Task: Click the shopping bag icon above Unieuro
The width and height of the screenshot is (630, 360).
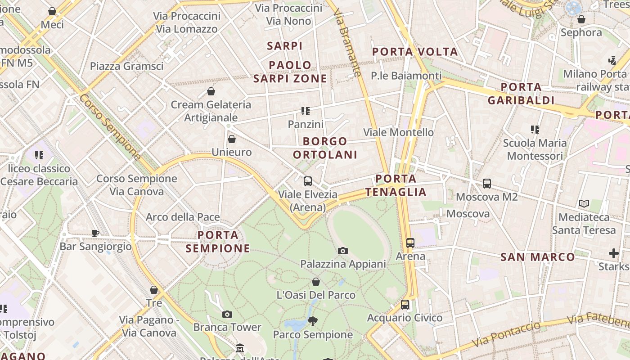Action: click(x=232, y=139)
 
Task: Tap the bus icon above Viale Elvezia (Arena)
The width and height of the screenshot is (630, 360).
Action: click(x=308, y=181)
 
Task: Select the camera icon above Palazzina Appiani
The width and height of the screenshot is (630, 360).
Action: click(x=343, y=251)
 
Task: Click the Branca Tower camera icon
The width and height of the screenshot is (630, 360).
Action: click(x=227, y=314)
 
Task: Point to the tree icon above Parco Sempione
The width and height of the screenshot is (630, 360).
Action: click(x=313, y=321)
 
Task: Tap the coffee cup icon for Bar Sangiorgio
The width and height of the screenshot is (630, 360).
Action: click(x=95, y=233)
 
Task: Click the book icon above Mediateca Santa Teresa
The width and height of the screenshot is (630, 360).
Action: click(x=584, y=204)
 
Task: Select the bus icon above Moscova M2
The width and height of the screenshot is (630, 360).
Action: click(x=487, y=184)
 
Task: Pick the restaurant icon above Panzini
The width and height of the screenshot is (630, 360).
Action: click(x=306, y=111)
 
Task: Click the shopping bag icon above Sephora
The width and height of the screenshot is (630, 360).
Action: click(x=581, y=19)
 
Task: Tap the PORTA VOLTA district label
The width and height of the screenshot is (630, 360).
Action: click(x=415, y=52)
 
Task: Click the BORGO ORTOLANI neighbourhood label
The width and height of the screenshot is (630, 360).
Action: click(x=325, y=148)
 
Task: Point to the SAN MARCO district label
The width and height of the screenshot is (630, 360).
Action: click(x=538, y=257)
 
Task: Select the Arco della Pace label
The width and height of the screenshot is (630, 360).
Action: click(x=183, y=217)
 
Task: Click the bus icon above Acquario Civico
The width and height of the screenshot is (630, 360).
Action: click(x=405, y=305)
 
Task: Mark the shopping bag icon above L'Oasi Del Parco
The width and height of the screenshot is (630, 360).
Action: click(x=316, y=282)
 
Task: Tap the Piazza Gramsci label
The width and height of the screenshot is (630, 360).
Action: click(x=126, y=66)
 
